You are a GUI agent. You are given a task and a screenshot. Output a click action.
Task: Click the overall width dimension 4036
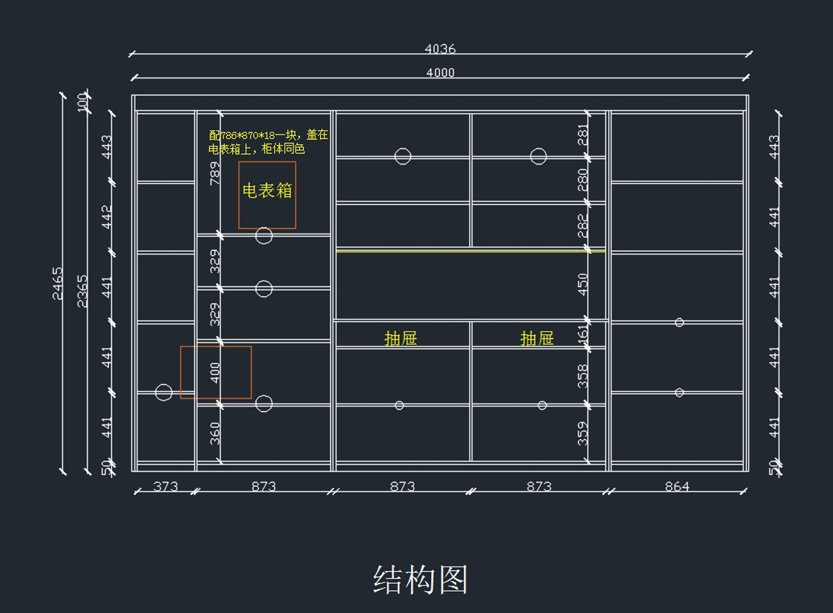440,49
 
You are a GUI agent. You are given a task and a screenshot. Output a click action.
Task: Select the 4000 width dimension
440,73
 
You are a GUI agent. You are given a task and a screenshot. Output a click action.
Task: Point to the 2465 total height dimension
58,283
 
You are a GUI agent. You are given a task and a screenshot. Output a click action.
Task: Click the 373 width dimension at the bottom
165,486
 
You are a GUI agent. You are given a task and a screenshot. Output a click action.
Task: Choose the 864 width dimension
677,486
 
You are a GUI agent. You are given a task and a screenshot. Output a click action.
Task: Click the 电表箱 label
267,191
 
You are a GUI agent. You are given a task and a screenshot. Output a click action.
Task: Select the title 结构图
421,580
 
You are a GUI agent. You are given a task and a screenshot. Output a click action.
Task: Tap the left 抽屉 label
401,338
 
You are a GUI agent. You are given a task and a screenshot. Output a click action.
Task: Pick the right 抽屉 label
537,338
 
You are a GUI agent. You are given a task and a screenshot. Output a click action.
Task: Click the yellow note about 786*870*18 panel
268,142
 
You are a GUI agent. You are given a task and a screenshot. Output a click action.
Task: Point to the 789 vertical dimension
215,173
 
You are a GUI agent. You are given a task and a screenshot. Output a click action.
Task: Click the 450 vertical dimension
583,284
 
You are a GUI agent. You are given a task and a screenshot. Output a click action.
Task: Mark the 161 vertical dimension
583,334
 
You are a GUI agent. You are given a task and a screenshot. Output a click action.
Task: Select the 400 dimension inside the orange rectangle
215,372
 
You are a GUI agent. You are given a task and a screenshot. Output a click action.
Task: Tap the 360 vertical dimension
215,433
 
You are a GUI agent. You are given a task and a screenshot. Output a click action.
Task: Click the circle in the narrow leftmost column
164,392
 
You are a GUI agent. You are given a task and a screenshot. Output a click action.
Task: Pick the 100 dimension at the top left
83,102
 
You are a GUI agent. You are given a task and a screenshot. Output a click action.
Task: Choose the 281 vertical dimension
583,134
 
